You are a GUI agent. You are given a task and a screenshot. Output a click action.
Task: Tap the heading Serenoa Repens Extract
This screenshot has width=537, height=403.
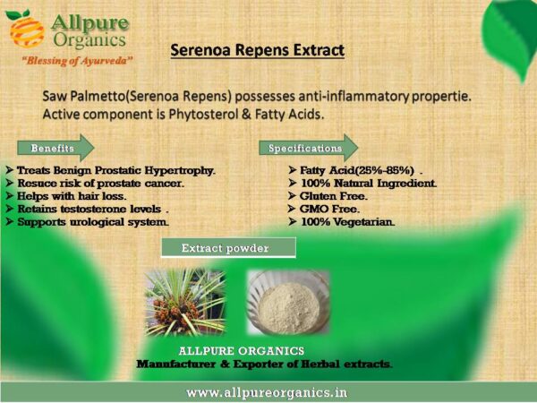(x=258, y=50)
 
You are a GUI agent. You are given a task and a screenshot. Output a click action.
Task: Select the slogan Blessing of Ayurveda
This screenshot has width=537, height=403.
(x=77, y=61)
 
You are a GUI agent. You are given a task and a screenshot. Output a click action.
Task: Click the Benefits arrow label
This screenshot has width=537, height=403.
(x=55, y=148)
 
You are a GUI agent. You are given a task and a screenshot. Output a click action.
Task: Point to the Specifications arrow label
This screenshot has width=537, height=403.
(x=308, y=148)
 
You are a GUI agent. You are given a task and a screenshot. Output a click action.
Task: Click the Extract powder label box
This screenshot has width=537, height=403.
(x=228, y=247)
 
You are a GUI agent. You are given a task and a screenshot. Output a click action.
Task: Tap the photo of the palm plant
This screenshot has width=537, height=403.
(x=185, y=303)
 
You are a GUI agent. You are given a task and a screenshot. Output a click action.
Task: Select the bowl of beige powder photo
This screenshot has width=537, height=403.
(x=288, y=303)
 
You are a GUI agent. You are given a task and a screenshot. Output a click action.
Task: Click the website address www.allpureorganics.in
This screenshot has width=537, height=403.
(x=267, y=392)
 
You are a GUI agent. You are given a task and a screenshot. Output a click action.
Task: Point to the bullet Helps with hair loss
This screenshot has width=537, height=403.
(x=72, y=196)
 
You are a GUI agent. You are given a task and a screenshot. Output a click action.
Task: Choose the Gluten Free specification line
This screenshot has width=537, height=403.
(x=333, y=196)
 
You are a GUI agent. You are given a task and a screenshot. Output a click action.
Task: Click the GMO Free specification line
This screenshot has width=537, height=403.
(x=329, y=209)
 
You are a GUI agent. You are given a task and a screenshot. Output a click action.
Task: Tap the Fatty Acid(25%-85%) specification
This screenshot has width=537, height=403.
(x=357, y=170)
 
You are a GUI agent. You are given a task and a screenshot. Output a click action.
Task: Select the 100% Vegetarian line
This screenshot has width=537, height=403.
(x=347, y=222)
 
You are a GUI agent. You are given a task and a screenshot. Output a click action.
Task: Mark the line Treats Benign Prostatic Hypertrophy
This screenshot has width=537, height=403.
(x=116, y=170)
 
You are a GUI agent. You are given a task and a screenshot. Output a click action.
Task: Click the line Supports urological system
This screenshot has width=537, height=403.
(x=93, y=222)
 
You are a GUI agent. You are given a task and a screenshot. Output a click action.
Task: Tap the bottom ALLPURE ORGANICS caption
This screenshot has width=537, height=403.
(x=242, y=351)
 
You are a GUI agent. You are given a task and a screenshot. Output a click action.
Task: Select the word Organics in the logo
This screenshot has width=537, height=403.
(x=89, y=40)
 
